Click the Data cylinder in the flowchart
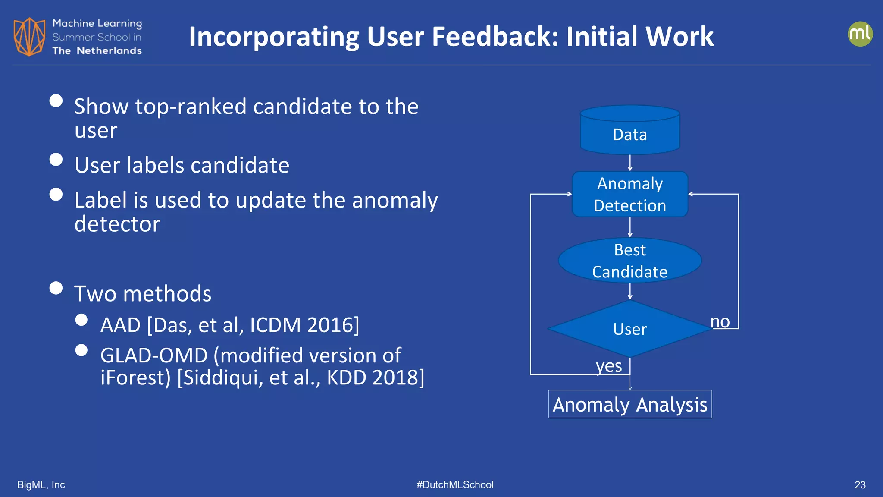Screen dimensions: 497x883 point(630,132)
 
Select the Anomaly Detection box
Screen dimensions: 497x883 point(630,194)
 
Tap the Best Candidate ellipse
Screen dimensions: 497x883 point(630,261)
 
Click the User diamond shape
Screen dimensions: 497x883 point(630,329)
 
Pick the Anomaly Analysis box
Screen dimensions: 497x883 point(630,404)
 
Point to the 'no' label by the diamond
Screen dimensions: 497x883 point(720,321)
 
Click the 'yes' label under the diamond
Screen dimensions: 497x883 point(609,366)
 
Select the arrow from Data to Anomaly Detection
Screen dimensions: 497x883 point(630,163)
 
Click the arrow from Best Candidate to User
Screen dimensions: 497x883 point(630,291)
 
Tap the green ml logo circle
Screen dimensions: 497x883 point(860,34)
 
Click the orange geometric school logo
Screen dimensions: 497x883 point(29,37)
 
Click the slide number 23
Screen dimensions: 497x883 point(860,485)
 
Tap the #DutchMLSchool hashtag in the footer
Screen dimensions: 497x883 point(455,485)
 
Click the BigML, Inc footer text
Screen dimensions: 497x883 point(41,485)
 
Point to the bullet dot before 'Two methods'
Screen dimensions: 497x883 point(56,288)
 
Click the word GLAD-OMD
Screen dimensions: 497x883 point(154,355)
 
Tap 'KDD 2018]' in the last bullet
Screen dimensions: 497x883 point(376,377)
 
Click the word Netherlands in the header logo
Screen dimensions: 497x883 point(109,51)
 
